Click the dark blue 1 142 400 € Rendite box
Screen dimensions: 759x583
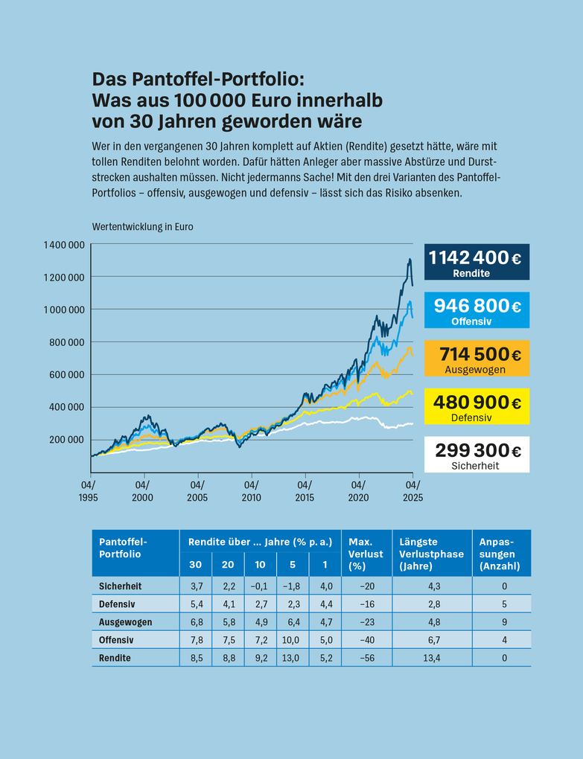pyautogui.click(x=477, y=262)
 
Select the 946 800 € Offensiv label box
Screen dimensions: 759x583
pyautogui.click(x=477, y=310)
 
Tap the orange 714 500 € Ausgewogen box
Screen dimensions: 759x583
pyautogui.click(x=477, y=359)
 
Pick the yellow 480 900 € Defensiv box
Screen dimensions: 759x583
pyautogui.click(x=477, y=406)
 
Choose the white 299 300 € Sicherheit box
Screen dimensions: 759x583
pyautogui.click(x=477, y=455)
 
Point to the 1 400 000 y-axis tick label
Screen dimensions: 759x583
pyautogui.click(x=63, y=244)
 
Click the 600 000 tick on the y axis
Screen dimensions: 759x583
pyautogui.click(x=66, y=374)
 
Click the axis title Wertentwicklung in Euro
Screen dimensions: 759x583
pyautogui.click(x=142, y=227)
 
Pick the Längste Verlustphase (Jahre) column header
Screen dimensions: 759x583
pyautogui.click(x=431, y=554)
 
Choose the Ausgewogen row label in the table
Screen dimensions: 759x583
pyautogui.click(x=125, y=622)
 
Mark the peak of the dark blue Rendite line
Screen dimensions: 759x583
pyautogui.click(x=410, y=259)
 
